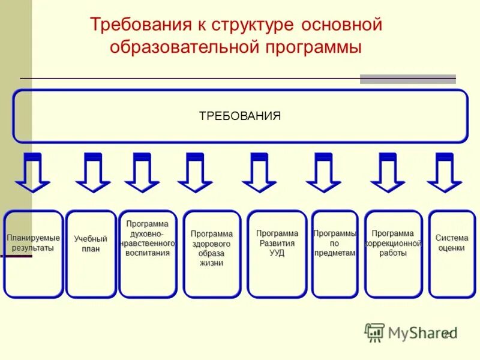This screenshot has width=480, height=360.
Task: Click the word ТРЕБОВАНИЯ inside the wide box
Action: click(240, 116)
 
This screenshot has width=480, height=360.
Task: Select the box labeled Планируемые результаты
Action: click(34, 254)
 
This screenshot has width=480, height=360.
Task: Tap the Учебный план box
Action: click(91, 254)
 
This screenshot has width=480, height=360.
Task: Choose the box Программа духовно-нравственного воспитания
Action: click(148, 254)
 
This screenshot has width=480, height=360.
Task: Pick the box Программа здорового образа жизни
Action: click(212, 254)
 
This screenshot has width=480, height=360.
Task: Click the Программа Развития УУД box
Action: click(277, 254)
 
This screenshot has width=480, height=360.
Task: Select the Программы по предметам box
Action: click(335, 254)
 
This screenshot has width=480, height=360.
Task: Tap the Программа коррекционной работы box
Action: click(394, 254)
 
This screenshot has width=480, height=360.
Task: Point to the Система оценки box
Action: click(452, 254)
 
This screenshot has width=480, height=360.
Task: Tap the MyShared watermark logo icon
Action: click(374, 332)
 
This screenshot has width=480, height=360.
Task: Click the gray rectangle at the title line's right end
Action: click(407, 79)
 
